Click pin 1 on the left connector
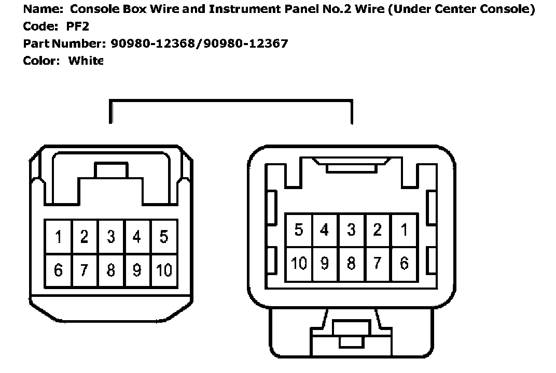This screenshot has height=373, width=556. coord(59,237)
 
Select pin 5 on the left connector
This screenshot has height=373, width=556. coord(164,237)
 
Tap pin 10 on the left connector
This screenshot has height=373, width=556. coord(164,270)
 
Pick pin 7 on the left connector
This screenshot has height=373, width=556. coord(85,270)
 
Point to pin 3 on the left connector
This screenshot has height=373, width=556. coord(111,237)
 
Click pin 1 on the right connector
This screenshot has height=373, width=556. coord(404,230)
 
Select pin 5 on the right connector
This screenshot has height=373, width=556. coord(299,230)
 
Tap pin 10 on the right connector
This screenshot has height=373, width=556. coord(299,263)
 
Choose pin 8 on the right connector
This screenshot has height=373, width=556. coord(351,263)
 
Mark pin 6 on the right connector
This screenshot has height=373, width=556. coord(404,263)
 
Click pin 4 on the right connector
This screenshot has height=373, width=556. coord(325,230)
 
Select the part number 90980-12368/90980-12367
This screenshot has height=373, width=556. coord(199,44)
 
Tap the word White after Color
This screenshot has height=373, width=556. coord(86,61)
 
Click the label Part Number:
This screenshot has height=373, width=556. coord(65,44)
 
